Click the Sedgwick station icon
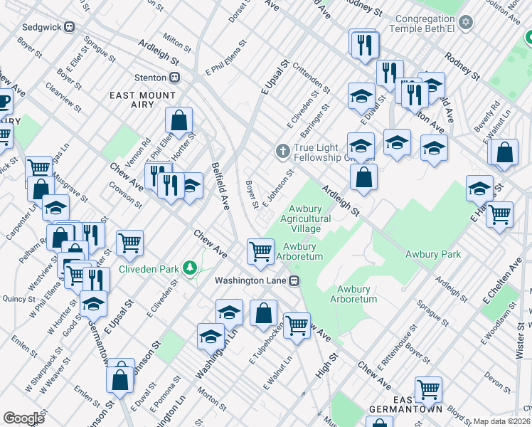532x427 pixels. point(69,27)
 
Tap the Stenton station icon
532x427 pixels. point(174,77)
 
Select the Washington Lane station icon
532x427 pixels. point(293,280)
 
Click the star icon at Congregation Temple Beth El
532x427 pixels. point(467,23)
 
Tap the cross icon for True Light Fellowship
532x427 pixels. point(282,151)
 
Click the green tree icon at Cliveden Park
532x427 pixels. point(189,268)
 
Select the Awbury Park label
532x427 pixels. point(432,254)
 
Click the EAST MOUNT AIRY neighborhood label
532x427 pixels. point(142,100)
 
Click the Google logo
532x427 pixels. point(23,418)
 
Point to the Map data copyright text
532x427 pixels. point(501,421)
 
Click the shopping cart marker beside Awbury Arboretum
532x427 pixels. point(260,250)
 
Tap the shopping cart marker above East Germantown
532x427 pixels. point(428,389)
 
